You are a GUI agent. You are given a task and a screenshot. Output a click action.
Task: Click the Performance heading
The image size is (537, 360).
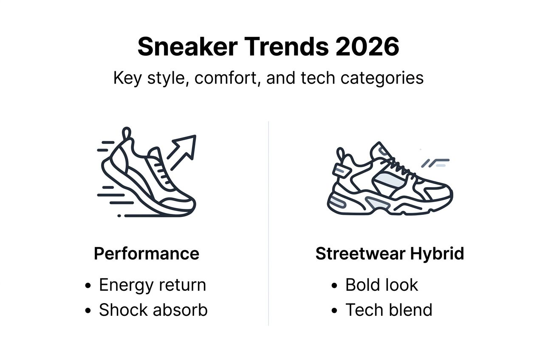tap(147, 254)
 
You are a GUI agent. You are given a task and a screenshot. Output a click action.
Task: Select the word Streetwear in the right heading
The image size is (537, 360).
tap(360, 254)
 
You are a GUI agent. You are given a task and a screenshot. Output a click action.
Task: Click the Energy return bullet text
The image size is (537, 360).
tap(152, 285)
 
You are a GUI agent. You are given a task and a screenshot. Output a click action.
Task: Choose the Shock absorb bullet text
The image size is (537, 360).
tap(153, 310)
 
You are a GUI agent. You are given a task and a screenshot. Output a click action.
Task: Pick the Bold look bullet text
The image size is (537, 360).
tap(381, 285)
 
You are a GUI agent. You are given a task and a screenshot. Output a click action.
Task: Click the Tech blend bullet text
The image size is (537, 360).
tap(388, 310)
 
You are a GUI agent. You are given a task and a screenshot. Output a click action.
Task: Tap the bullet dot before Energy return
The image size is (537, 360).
tap(88, 286)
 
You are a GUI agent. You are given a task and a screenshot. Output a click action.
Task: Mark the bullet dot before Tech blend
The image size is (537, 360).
tap(335, 311)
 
